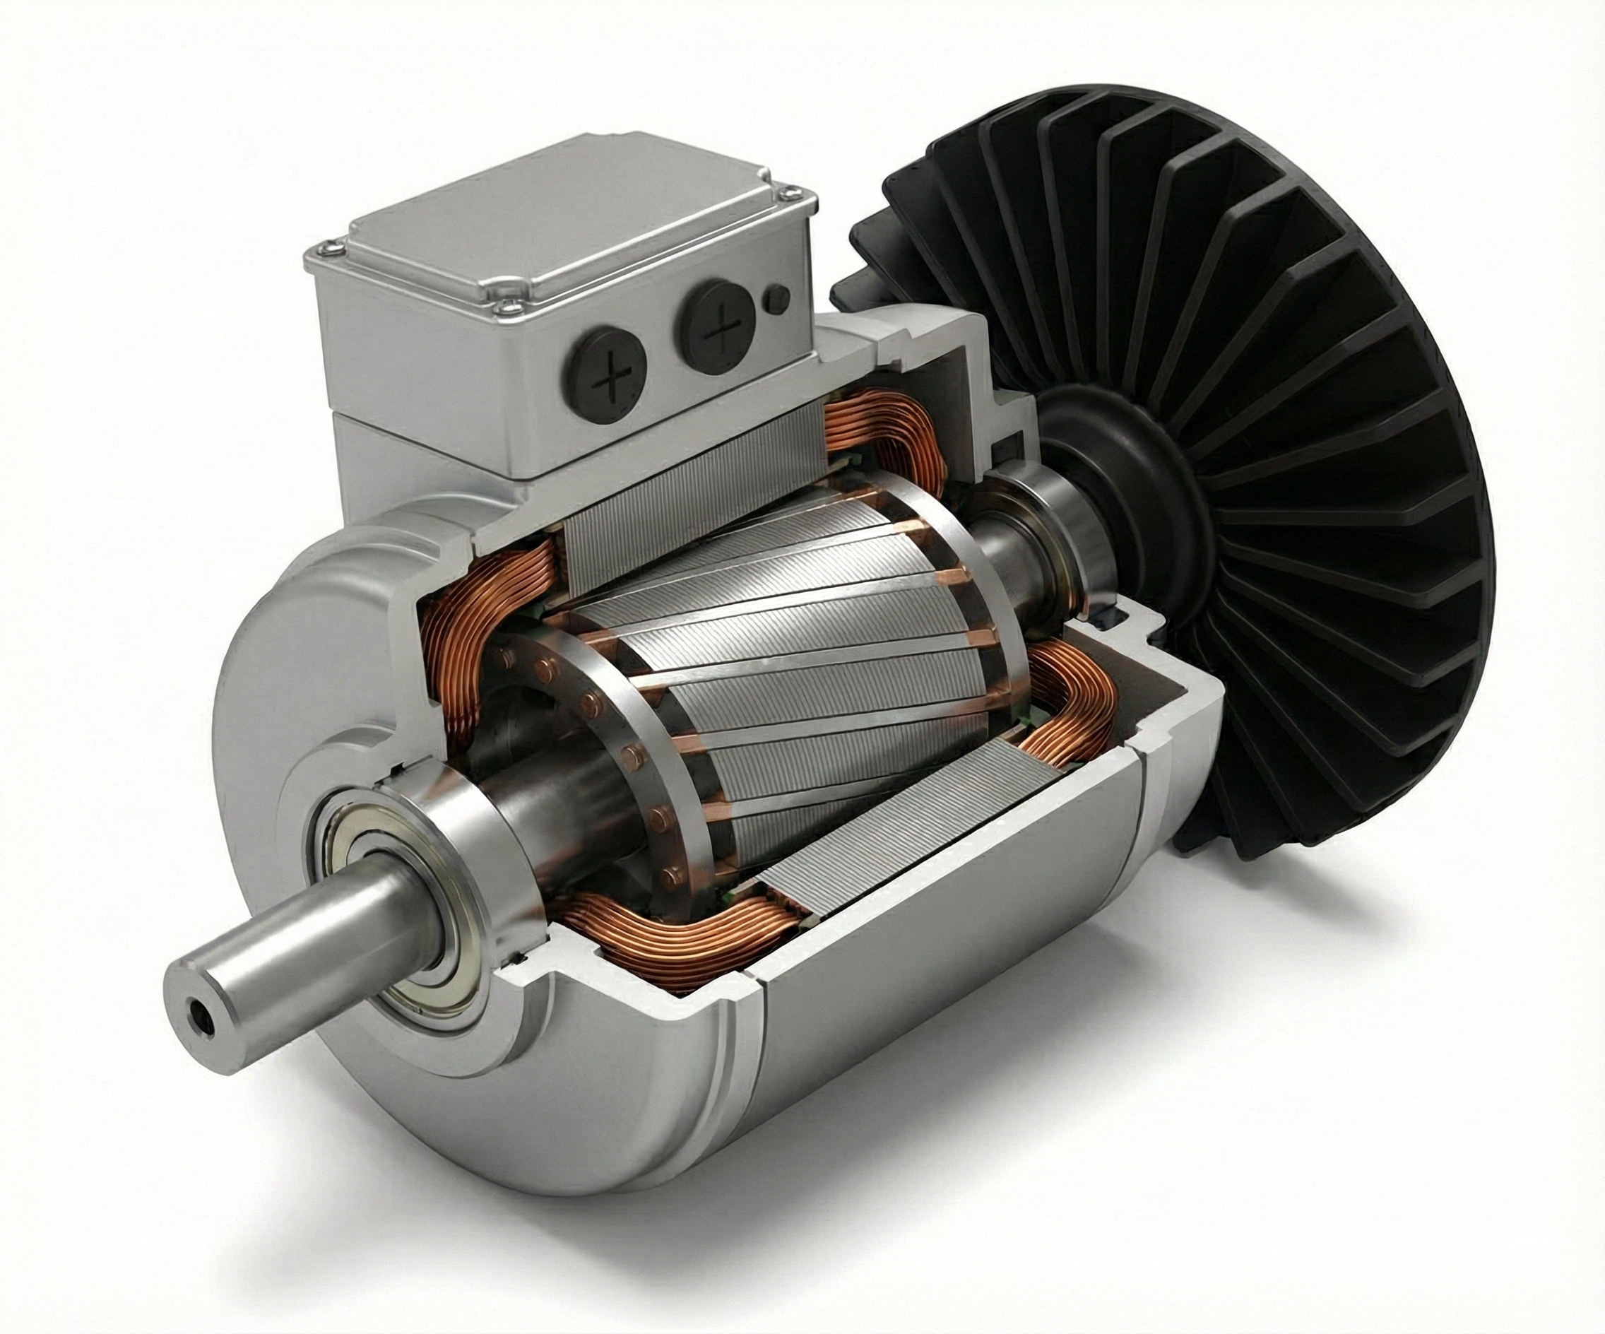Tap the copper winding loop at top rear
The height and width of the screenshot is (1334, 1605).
879,444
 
